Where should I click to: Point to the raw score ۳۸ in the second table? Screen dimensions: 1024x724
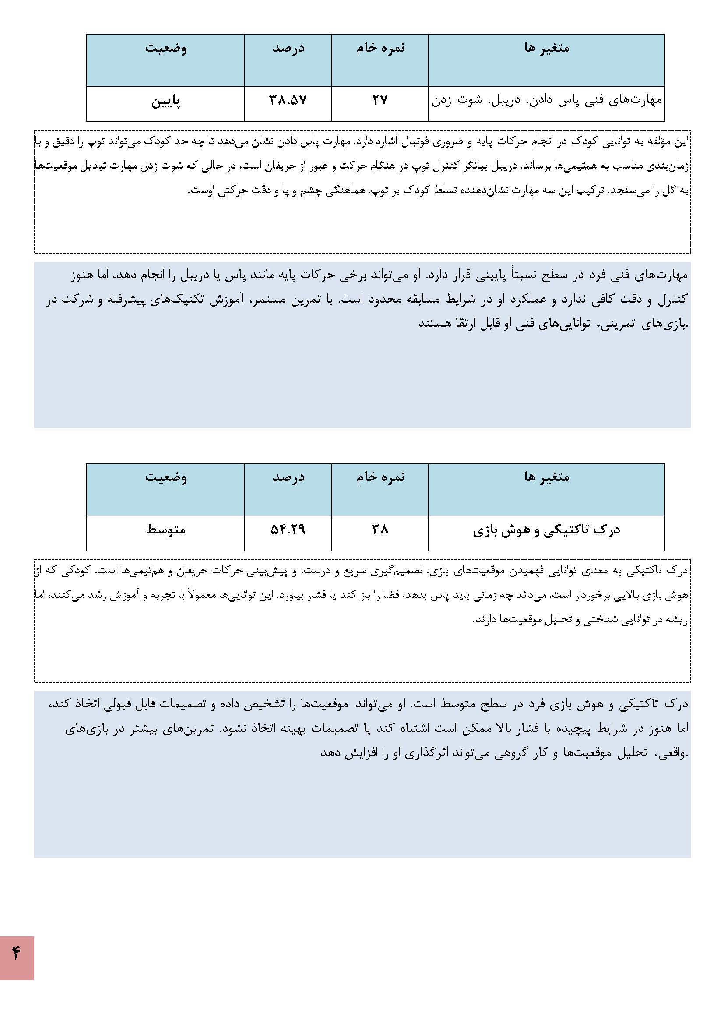coord(380,530)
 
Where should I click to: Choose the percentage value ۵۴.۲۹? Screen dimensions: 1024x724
coord(288,530)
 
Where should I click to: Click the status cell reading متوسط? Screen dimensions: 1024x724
coord(165,530)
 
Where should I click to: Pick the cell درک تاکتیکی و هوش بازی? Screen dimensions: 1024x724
coord(546,530)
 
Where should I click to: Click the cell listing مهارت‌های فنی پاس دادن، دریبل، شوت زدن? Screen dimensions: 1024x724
coord(546,100)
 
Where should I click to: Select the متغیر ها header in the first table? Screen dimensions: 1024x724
coord(547,48)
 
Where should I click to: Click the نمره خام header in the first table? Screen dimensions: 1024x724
coord(380,48)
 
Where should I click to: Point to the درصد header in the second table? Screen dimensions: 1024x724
coord(288,477)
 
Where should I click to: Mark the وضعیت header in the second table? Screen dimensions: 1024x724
coord(165,477)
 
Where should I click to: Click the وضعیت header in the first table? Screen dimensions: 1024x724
coord(165,48)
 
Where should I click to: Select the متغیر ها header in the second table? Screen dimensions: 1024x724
coord(547,477)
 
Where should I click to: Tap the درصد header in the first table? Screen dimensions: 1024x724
coord(288,48)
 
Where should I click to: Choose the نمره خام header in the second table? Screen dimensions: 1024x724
coord(380,477)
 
